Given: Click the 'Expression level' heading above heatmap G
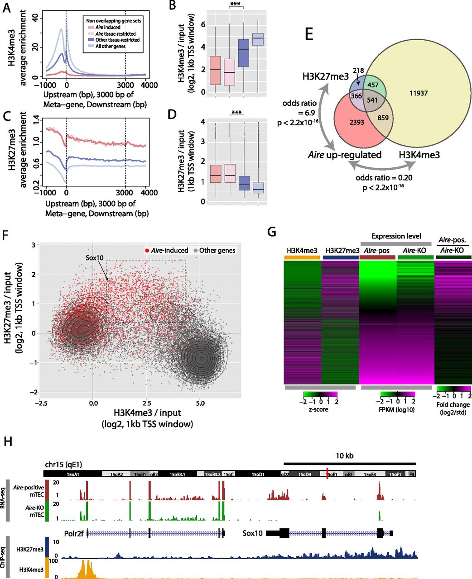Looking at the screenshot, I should (x=396, y=236).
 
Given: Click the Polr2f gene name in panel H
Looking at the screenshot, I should (x=73, y=533).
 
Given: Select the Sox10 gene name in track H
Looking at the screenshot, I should (x=252, y=533).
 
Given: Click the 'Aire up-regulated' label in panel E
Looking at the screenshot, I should (x=352, y=155).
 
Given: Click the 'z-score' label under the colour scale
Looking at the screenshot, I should (x=319, y=409).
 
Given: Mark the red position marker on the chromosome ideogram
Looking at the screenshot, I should (x=327, y=474).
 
